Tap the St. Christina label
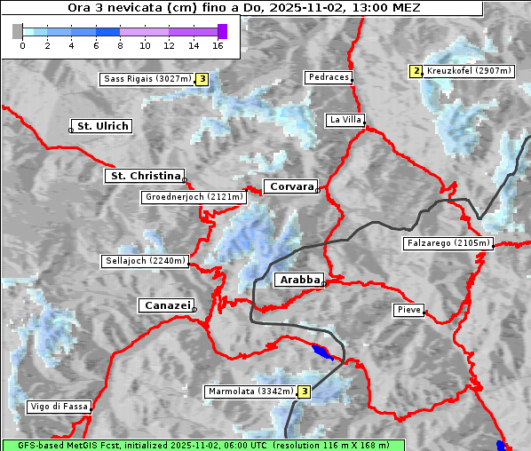tap(145, 176)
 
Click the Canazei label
tap(165, 305)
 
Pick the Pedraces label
tap(328, 77)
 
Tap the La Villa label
tap(345, 119)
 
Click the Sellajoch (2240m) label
tap(145, 261)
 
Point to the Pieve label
tap(408, 310)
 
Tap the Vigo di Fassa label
tap(59, 407)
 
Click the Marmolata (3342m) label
tap(250, 392)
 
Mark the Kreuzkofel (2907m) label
tap(468, 70)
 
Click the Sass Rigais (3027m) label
tap(147, 79)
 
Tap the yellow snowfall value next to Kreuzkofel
tap(415, 71)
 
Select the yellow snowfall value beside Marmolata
tap(304, 392)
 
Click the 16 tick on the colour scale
tap(218, 44)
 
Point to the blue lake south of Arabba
tap(322, 352)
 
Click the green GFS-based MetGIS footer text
tap(202, 445)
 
